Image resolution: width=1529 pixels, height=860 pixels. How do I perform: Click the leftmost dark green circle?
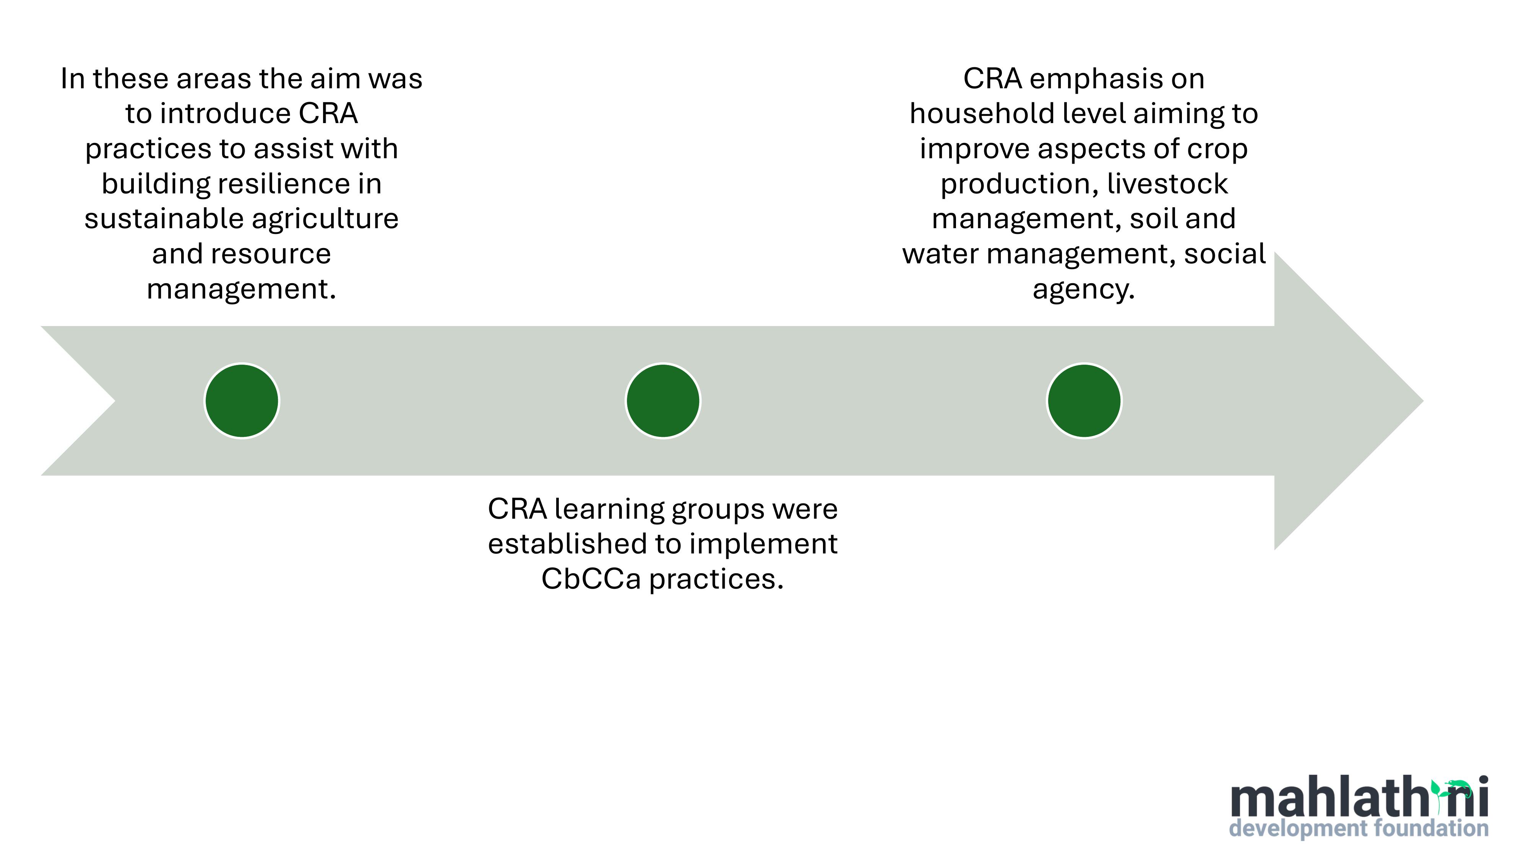point(242,401)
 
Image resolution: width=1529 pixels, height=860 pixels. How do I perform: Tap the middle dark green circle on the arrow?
point(663,401)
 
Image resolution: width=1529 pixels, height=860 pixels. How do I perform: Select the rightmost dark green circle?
point(1084,401)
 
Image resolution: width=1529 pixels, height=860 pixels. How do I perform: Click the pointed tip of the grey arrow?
point(1423,401)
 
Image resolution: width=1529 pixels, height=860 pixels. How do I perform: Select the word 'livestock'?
point(1167,183)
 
